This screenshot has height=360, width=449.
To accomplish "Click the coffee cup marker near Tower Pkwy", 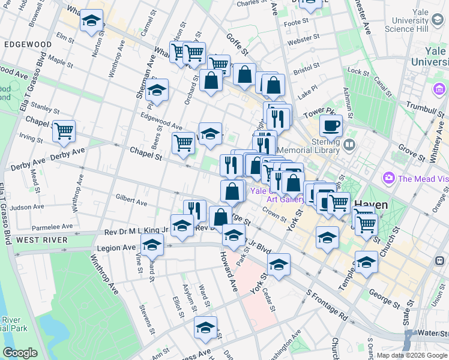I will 330,126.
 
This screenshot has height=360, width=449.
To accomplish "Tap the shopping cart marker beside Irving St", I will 64,131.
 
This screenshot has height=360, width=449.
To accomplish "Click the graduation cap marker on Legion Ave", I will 152,245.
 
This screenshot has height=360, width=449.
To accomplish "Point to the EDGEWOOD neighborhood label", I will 27,44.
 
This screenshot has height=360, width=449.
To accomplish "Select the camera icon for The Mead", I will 389,178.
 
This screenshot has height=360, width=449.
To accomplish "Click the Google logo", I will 20,353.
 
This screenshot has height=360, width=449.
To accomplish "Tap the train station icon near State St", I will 440,261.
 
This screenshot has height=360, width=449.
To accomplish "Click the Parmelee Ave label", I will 52,227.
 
